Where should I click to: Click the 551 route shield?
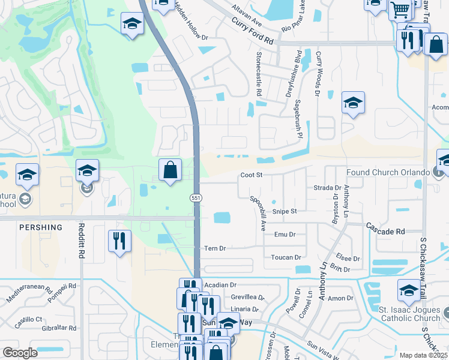(196, 197)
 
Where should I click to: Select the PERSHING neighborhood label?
(40, 228)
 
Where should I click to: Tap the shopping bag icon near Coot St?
(170, 170)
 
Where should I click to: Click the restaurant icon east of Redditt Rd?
(119, 241)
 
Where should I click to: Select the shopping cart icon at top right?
(400, 10)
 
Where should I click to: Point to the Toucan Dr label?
(286, 257)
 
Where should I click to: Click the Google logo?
(20, 353)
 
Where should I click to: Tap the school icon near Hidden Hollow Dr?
(131, 25)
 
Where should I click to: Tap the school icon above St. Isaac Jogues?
(409, 291)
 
